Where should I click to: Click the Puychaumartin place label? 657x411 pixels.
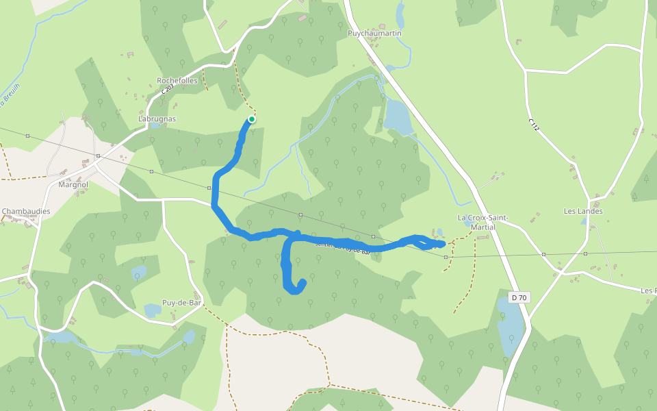click(374, 33)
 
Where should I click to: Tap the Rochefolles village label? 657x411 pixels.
click(177, 80)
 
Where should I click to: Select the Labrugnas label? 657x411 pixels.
click(157, 119)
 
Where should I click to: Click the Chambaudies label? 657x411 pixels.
click(26, 212)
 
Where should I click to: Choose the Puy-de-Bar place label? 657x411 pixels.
click(181, 302)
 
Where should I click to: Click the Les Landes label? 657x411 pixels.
click(583, 211)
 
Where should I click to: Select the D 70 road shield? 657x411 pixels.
click(519, 297)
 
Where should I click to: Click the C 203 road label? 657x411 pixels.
click(166, 89)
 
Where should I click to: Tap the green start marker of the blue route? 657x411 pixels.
click(252, 119)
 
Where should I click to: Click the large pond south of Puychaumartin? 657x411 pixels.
click(398, 116)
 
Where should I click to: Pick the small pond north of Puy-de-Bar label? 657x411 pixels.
click(138, 272)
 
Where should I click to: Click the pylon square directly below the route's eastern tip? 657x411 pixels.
click(446, 257)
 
